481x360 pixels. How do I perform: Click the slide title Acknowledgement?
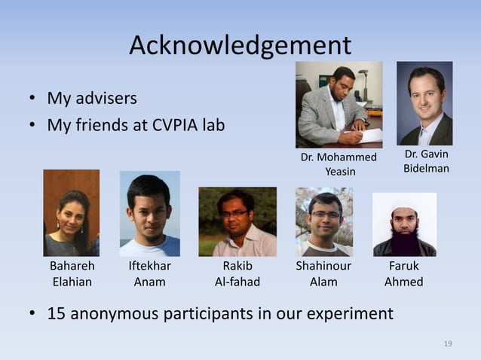coord(240,46)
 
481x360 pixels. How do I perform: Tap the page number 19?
coord(448,343)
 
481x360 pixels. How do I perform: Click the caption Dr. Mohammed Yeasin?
coord(339,164)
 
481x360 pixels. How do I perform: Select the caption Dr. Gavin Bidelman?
coord(426,161)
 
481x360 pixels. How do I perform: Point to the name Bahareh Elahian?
coord(72,274)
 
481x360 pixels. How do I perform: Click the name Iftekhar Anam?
coord(149,274)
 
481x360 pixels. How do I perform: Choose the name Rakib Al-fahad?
coord(237,274)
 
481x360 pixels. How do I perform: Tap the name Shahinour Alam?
coord(323,274)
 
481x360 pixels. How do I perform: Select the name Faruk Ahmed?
coord(403,274)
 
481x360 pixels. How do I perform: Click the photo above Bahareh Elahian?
coord(72,213)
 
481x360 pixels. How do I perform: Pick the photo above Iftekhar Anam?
coord(149,214)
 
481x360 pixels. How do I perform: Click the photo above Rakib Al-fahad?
coord(237,222)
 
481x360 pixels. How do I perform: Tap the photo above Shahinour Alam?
coord(324,222)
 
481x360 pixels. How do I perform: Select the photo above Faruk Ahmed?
coord(404,224)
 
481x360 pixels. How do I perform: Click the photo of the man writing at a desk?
coord(339,105)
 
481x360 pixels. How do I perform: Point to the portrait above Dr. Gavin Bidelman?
coord(424,103)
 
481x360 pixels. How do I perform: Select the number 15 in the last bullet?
coord(57,313)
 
